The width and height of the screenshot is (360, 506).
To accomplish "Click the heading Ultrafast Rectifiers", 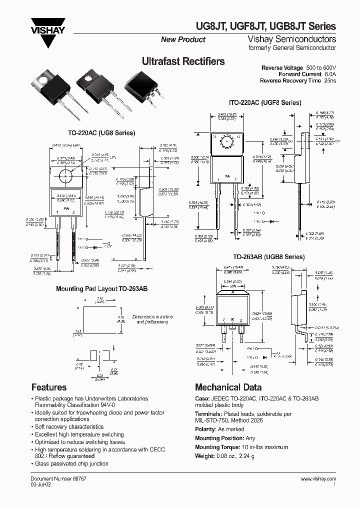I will tap(183, 61).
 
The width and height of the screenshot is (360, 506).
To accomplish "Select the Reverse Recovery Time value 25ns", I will tap(329, 80).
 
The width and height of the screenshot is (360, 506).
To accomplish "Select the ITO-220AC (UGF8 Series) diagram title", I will tap(265, 102).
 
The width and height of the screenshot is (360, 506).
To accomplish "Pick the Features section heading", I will tap(49, 387).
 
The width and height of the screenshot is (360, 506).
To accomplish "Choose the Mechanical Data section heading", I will tap(228, 387).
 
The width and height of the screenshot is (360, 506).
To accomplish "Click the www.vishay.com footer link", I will tap(318, 478).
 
